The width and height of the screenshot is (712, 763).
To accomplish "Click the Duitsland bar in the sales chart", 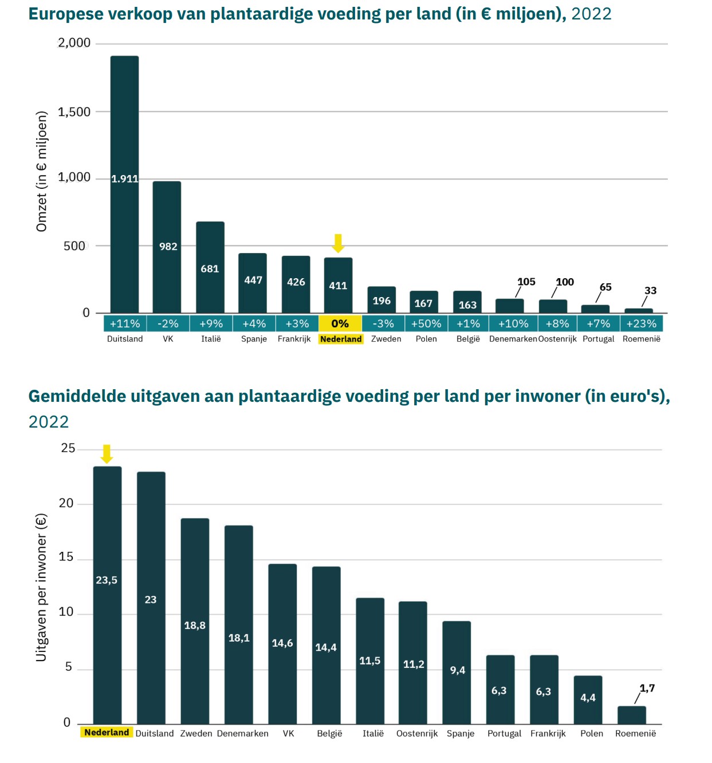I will click(124, 183).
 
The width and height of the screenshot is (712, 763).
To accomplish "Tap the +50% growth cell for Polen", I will click(426, 323).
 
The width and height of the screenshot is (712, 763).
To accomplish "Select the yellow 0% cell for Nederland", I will click(340, 323).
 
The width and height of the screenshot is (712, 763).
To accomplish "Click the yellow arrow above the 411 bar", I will click(338, 243).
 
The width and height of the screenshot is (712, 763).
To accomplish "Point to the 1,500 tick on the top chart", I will click(74, 112).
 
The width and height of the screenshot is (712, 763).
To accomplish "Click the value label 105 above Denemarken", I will click(526, 282).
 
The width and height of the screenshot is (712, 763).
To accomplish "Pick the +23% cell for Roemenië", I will click(641, 323).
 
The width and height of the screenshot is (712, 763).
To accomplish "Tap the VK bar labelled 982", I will click(167, 247).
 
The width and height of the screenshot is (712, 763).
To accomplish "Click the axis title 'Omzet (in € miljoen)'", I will click(41, 172).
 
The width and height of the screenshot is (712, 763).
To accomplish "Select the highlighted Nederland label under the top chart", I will click(341, 339).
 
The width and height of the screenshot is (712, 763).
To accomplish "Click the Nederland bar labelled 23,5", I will click(107, 595).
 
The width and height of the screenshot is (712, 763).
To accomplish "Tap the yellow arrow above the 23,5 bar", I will click(107, 453).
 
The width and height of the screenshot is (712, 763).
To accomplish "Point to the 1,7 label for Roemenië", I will click(647, 688).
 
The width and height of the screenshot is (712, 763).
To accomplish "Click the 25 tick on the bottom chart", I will click(68, 449).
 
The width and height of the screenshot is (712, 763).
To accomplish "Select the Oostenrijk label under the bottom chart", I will click(416, 733).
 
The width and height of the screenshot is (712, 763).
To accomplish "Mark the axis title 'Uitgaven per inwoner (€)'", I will click(41, 587).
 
